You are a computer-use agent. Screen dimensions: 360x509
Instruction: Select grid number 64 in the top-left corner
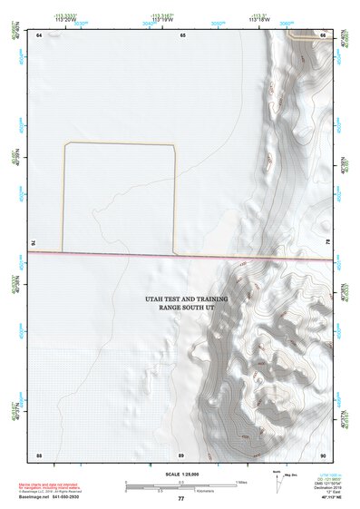click(39, 35)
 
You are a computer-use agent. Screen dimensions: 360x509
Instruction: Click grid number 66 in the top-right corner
click(323, 35)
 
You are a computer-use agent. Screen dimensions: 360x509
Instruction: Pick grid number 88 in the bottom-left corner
click(39, 454)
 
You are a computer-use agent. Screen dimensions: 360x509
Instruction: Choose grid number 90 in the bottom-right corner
click(323, 454)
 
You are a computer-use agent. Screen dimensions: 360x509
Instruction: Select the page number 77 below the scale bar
click(180, 499)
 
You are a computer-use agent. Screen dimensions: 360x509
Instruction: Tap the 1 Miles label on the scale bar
click(240, 481)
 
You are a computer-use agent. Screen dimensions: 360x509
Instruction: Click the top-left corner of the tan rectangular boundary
click(64, 143)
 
